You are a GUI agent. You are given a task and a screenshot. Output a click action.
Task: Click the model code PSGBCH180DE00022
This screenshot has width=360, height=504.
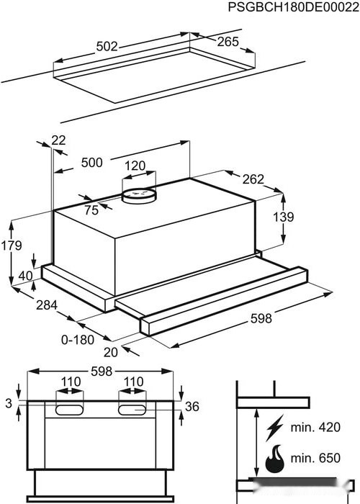(x=294, y=7)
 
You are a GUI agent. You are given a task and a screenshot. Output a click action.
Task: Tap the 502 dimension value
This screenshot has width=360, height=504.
(x=107, y=47)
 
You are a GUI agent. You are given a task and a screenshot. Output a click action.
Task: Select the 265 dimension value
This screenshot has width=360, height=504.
(x=228, y=42)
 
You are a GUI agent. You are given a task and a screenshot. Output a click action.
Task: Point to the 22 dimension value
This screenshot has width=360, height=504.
(x=58, y=140)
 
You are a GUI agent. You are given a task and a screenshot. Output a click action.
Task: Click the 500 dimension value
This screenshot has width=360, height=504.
(x=92, y=162)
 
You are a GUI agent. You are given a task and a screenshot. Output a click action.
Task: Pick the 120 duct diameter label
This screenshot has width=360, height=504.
(x=135, y=166)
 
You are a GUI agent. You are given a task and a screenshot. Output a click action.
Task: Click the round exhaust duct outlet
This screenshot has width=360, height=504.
(x=139, y=195)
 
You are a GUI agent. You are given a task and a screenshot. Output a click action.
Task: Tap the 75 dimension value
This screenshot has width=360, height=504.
(x=91, y=210)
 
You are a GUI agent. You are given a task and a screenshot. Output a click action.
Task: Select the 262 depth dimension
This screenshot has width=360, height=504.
(x=253, y=179)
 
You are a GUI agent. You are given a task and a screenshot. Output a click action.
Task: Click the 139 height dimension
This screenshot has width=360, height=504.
(x=284, y=217)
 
